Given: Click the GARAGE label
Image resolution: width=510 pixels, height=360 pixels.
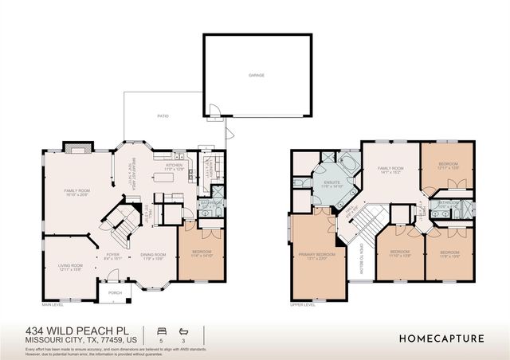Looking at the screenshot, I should [x=256, y=76].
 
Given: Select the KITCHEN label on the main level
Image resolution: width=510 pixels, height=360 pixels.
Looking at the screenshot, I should [x=174, y=166].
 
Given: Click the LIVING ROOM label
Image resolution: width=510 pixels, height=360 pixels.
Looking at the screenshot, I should [x=72, y=265].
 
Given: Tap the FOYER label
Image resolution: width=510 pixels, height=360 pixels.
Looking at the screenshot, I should [x=112, y=255].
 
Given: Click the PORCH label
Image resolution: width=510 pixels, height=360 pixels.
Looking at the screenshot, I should [x=115, y=292].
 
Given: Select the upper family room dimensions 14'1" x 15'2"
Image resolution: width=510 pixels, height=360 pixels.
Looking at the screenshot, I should [x=390, y=173].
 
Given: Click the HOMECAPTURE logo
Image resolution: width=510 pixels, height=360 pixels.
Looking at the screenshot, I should [x=441, y=338].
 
